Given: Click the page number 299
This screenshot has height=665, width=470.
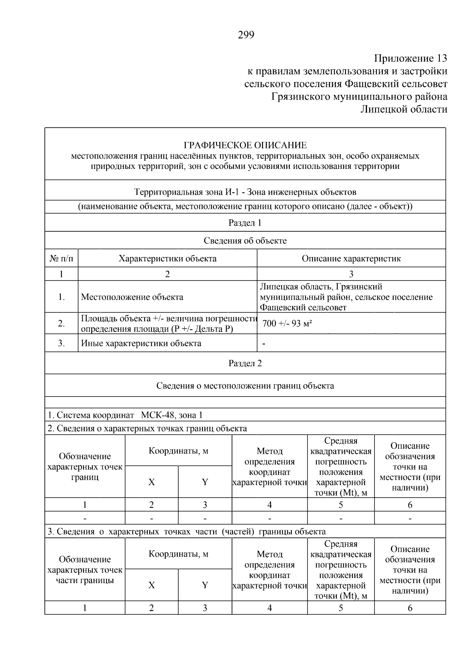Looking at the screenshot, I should [x=246, y=35].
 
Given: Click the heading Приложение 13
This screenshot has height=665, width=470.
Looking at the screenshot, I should [x=410, y=59].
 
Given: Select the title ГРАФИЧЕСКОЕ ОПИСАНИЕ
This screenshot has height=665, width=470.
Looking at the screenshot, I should [x=245, y=145].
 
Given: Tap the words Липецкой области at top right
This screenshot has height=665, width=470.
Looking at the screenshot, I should [x=404, y=109].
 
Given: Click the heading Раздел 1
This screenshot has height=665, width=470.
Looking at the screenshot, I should [x=245, y=223].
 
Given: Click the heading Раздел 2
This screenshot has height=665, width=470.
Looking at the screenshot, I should [x=245, y=363].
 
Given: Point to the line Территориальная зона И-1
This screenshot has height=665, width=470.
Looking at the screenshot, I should [x=245, y=192].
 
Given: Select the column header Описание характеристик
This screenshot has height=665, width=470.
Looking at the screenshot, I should [x=351, y=259].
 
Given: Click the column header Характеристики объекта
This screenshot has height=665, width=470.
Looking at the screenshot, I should [x=167, y=259].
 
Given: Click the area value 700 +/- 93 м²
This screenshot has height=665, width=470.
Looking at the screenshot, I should [x=287, y=324].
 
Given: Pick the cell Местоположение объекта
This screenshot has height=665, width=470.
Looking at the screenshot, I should [x=132, y=297].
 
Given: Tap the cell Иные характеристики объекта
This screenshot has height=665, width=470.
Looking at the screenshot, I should [x=141, y=344].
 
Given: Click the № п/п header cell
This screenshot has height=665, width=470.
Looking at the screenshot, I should [x=61, y=259].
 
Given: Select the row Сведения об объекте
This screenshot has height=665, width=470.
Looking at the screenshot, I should [x=245, y=241].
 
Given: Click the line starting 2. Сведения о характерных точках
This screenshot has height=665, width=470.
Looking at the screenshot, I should [x=147, y=428].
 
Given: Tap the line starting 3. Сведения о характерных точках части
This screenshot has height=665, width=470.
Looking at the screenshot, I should [x=186, y=532].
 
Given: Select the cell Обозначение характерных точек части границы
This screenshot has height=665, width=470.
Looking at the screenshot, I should [x=85, y=570].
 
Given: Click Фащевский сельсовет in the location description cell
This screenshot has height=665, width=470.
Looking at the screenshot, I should [x=303, y=308].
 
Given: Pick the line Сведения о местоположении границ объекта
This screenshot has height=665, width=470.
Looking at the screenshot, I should [x=245, y=386].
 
